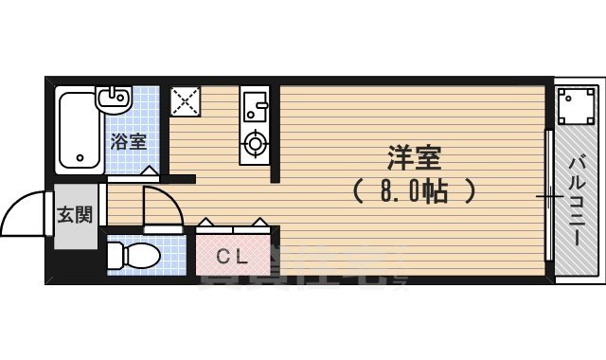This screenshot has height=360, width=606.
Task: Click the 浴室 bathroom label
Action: pos(129,143)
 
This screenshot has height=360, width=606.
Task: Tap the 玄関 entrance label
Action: pos(75,215)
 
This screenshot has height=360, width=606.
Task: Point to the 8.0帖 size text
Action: pos(413,192)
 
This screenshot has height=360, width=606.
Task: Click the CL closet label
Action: pos(232,256)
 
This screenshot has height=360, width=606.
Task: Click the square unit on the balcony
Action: pos(575,107)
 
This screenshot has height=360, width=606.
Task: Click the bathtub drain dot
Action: pos(81,157)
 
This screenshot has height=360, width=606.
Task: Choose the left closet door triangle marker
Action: pos(206,224)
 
